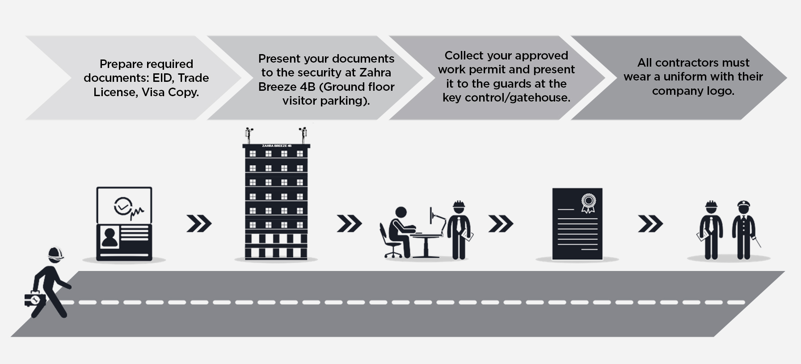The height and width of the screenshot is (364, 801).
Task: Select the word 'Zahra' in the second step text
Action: click(x=375, y=72)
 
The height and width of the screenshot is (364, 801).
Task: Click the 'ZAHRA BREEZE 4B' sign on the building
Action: click(x=276, y=146)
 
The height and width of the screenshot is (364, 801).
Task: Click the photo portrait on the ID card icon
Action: click(x=110, y=237)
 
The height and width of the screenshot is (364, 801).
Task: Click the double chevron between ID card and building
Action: click(x=199, y=224)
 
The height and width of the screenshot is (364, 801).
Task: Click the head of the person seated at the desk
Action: click(x=400, y=213)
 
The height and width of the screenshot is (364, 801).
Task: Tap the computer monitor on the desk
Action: click(x=431, y=216)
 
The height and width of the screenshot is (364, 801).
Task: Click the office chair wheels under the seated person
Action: click(x=393, y=255)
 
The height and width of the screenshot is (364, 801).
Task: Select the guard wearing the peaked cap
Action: click(x=743, y=230)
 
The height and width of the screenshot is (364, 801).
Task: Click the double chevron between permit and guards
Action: click(x=650, y=224)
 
